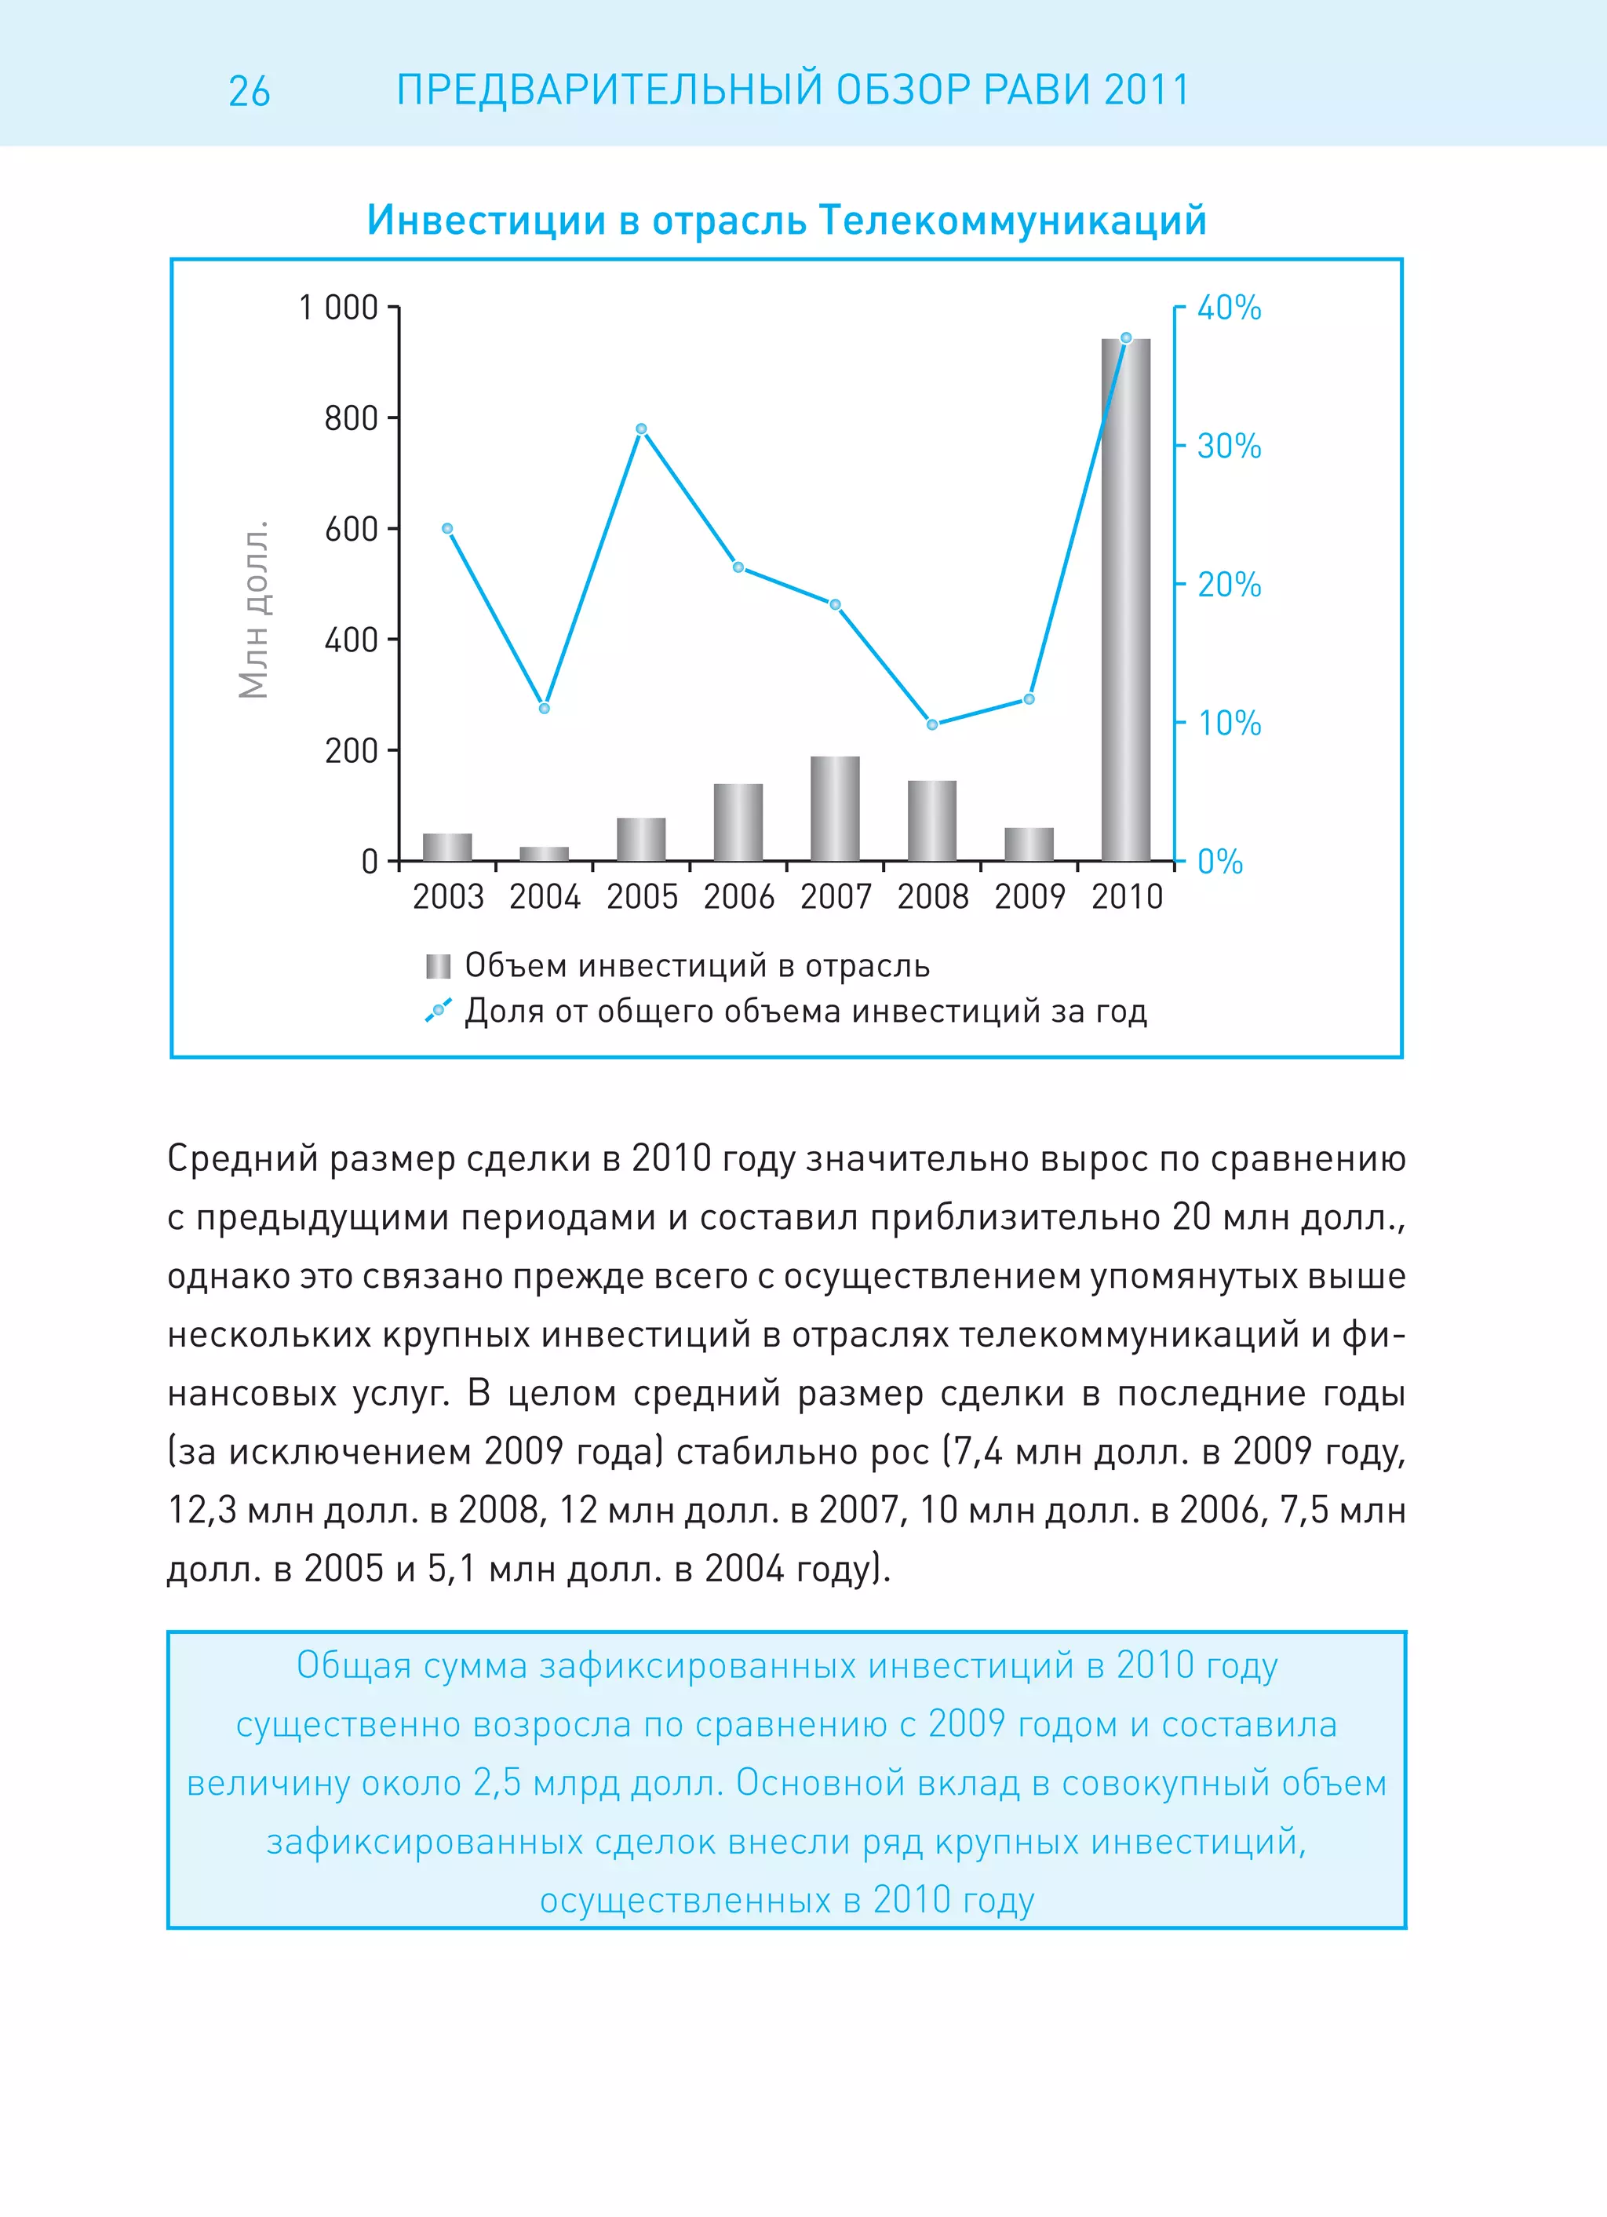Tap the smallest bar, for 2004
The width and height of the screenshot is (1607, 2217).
[x=544, y=853]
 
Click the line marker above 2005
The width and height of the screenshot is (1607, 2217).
[x=641, y=429]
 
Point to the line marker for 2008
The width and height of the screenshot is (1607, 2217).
[x=931, y=724]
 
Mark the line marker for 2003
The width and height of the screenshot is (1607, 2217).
[x=448, y=529]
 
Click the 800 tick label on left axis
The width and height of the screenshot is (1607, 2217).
[x=351, y=418]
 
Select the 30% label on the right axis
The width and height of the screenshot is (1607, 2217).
[x=1229, y=447]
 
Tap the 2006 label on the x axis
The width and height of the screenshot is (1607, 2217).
[x=738, y=896]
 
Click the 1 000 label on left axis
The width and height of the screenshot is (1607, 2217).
[x=338, y=308]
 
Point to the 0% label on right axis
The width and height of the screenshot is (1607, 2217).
[x=1220, y=862]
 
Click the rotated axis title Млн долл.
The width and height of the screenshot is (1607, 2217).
[x=254, y=610]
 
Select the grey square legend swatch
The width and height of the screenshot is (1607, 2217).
[x=438, y=967]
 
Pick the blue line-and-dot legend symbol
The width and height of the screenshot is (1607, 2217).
[x=438, y=1010]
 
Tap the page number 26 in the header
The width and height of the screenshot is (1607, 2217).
[x=250, y=92]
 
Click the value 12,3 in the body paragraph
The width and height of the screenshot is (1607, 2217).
[x=202, y=1510]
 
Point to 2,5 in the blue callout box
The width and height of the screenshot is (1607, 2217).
[x=497, y=1783]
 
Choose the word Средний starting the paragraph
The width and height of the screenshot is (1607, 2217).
[x=242, y=1158]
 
